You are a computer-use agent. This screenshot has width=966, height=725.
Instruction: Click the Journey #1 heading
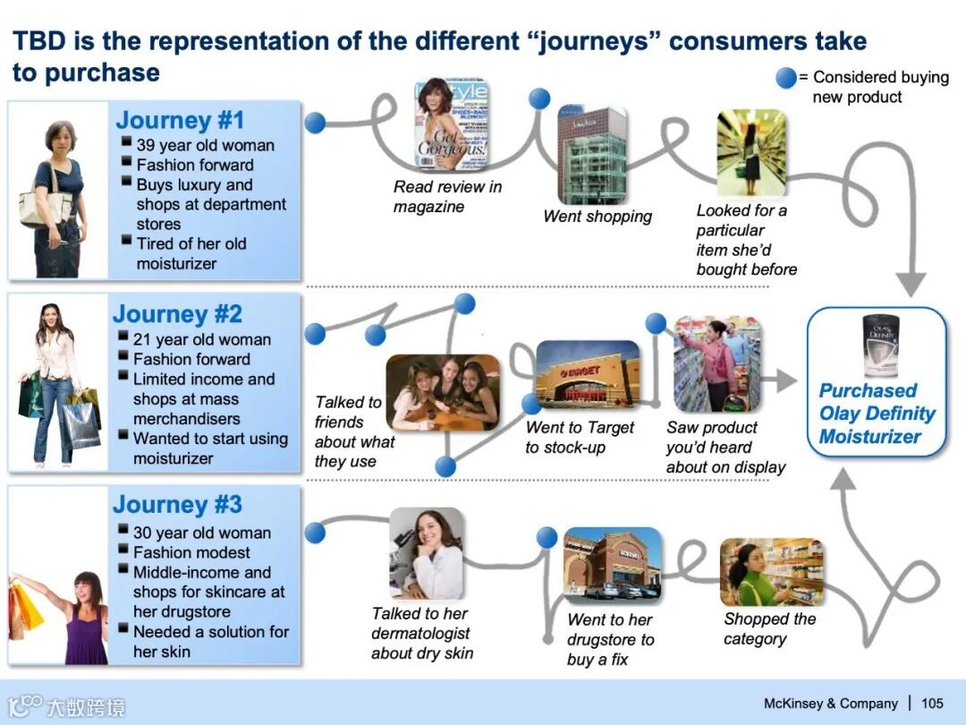point(179,120)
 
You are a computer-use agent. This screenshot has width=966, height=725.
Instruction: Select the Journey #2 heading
point(177,314)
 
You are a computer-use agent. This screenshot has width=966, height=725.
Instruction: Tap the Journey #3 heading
point(177,505)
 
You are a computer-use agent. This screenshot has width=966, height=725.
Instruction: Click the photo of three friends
point(443,393)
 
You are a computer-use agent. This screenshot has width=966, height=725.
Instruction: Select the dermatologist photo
point(427,553)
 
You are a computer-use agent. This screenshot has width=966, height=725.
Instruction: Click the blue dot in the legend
point(785,78)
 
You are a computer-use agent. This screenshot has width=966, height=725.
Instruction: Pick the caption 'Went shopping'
point(597,217)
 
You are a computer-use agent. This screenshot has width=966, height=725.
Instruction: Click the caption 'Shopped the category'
point(769,628)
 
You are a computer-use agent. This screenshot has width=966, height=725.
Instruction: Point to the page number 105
point(932,704)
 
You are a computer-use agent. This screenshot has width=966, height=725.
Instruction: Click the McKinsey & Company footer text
point(830,704)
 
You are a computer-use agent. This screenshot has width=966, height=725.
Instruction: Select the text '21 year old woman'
point(201,339)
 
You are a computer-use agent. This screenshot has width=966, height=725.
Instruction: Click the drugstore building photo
point(613,565)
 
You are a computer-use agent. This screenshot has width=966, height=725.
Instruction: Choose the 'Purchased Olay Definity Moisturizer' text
point(877,414)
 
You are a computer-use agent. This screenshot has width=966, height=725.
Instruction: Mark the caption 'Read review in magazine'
point(447,197)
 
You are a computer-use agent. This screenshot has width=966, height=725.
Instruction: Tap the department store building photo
point(591,154)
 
